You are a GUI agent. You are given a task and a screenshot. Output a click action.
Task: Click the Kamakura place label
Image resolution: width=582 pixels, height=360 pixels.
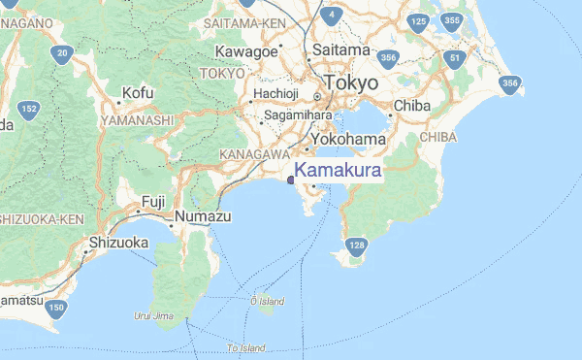tap(339, 171)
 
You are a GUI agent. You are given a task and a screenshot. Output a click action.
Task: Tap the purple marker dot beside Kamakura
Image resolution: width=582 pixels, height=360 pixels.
tap(291, 179)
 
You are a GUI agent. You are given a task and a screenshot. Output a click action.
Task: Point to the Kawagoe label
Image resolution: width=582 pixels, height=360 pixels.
tap(246, 50)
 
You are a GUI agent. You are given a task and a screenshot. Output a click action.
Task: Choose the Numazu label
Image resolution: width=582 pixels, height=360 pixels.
tap(203, 216)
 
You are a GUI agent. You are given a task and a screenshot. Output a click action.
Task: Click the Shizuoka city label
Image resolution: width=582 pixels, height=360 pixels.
tap(119, 242)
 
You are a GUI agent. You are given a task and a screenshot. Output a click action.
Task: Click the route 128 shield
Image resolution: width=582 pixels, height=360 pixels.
tap(357, 245)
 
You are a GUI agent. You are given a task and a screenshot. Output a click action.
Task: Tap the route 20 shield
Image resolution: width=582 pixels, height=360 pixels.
tap(62, 53)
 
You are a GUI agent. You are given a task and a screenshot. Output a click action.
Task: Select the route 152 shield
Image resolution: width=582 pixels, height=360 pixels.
tap(30, 109)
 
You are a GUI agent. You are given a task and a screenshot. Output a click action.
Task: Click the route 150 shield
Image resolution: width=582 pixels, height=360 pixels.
tap(56, 309)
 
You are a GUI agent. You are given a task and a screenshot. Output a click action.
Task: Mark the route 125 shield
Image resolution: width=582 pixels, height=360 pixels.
tap(418, 21)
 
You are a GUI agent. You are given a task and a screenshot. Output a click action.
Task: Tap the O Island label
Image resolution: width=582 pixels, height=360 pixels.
tap(267, 302)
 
